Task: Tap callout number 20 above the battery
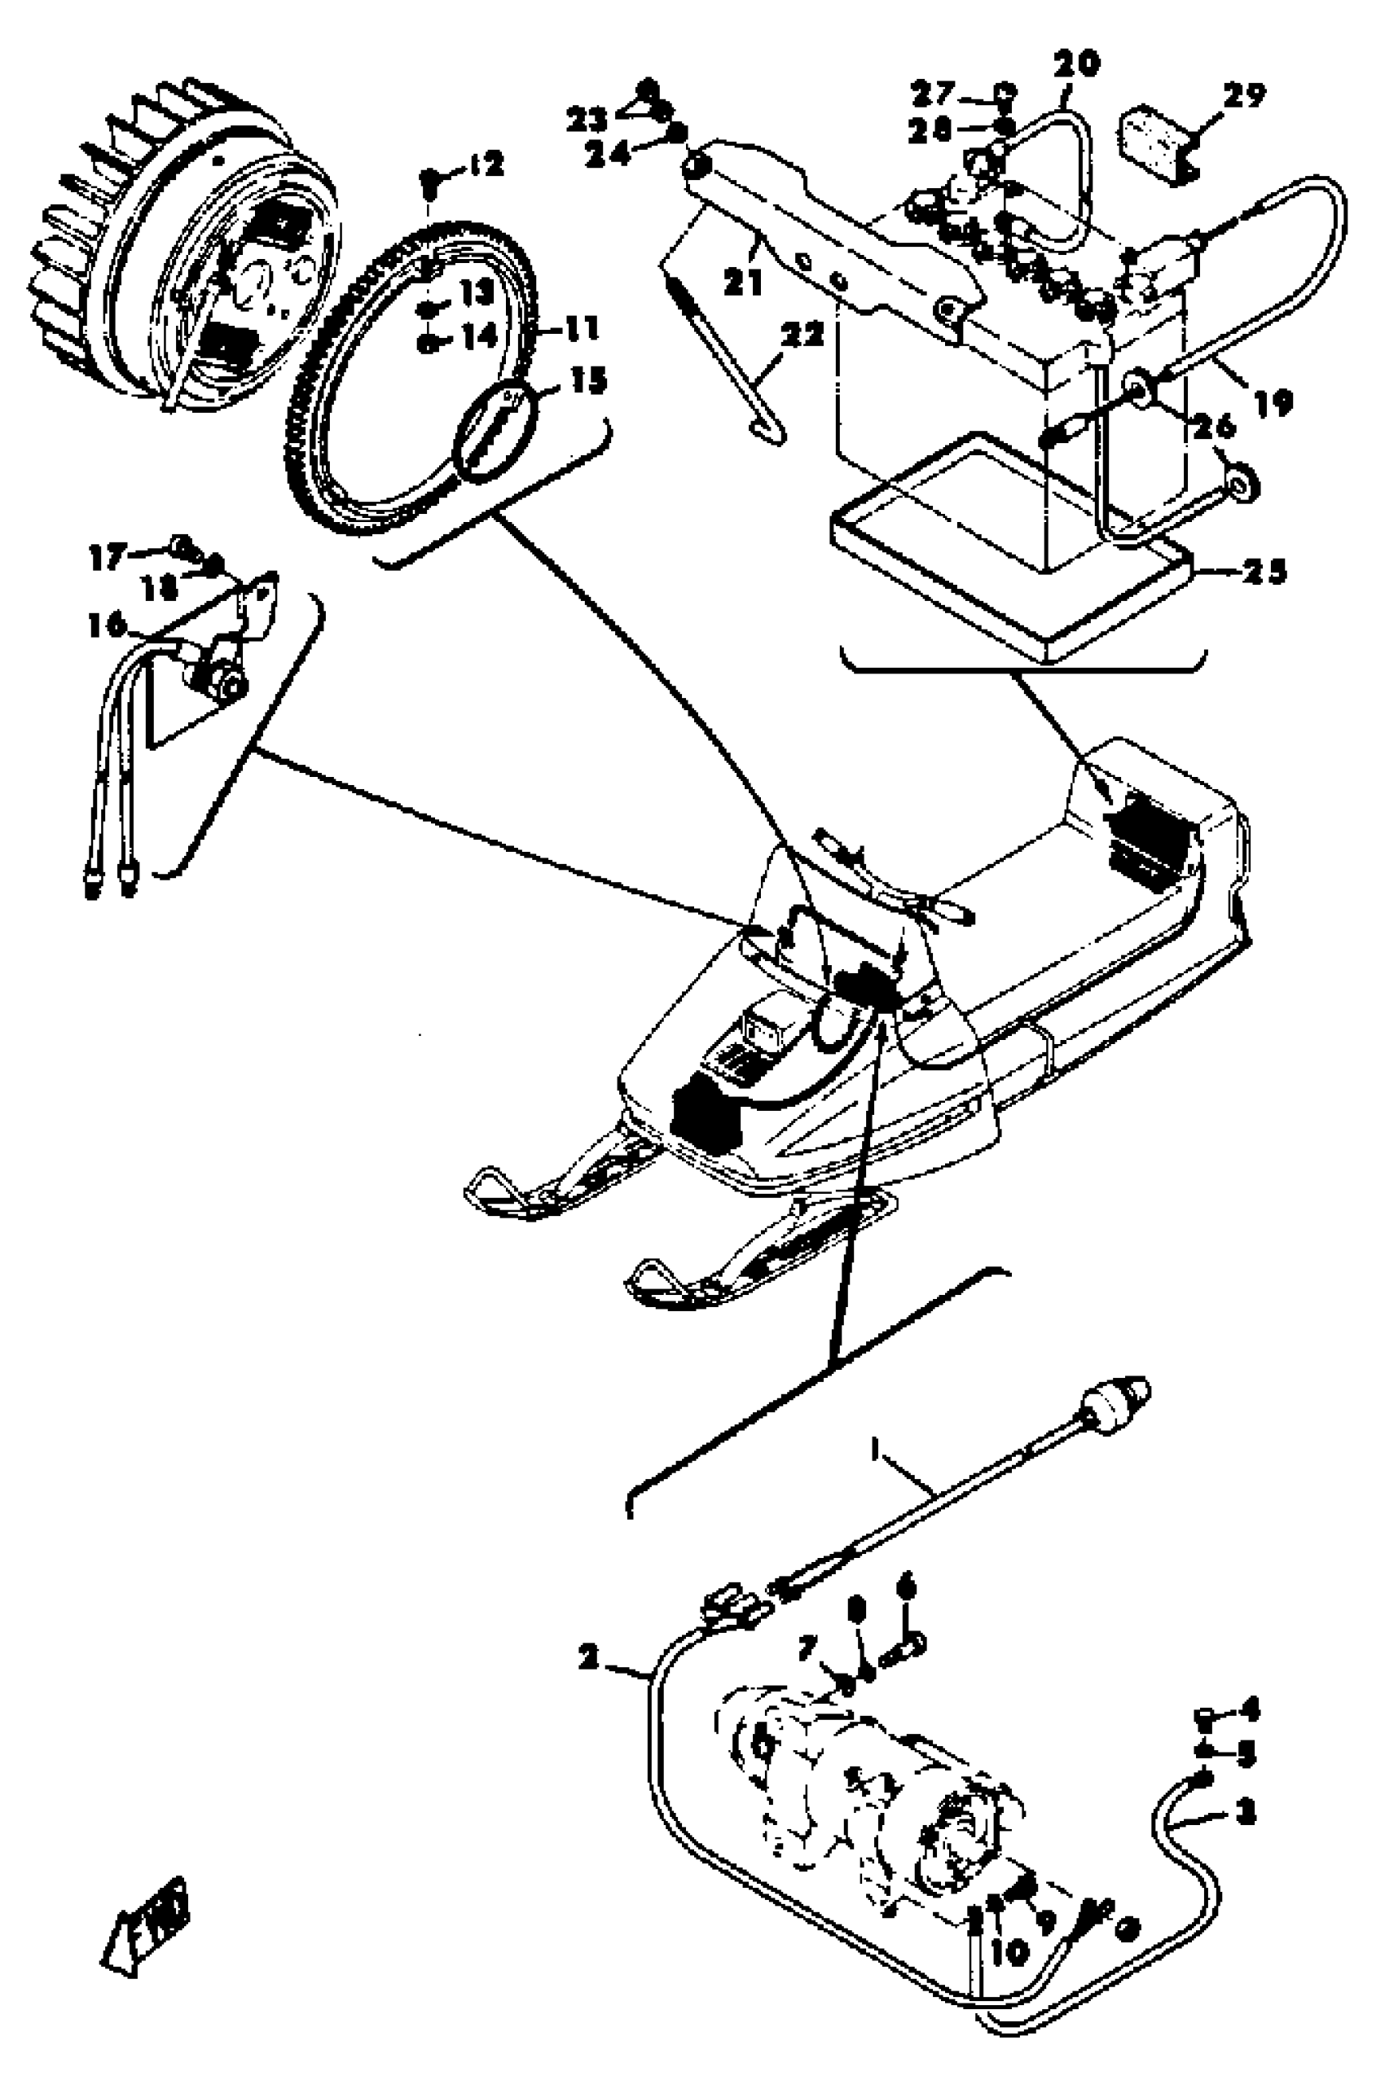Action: coord(1077,64)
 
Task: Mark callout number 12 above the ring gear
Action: coord(486,164)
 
